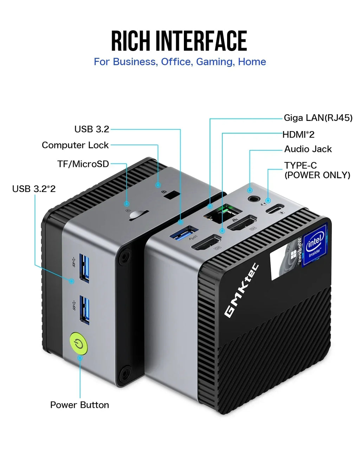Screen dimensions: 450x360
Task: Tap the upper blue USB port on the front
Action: pos(84,267)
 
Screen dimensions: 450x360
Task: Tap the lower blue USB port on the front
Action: pos(84,309)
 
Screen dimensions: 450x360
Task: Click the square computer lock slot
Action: pos(171,195)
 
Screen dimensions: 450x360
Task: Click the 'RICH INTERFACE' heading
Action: pos(179,41)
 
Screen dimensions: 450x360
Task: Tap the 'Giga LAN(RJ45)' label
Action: pos(318,118)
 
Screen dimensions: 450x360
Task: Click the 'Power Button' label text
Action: pos(79,405)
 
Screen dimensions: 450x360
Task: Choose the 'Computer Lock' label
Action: pos(75,145)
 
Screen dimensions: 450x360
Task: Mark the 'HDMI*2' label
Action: pos(298,134)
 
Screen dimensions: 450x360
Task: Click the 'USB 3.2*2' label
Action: pos(34,189)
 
